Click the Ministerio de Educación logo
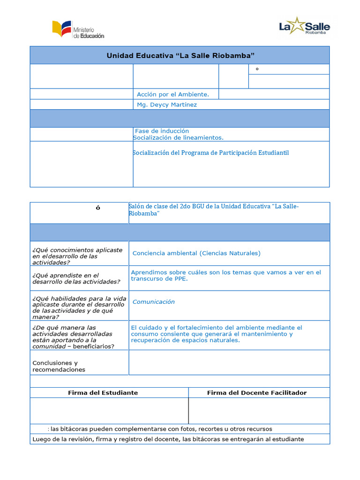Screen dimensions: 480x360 pos(78,30)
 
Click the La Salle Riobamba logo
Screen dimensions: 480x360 pos(304,26)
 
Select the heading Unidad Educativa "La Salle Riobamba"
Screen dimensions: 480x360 pos(180,56)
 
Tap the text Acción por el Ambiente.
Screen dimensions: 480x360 pos(172,94)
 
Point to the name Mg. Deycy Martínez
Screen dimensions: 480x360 pos(166,105)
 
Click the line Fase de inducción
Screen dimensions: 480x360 pos(162,131)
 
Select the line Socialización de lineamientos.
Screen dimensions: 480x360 pos(178,138)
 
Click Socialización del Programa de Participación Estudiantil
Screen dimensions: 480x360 pos(211,153)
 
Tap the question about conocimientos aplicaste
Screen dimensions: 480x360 pos(77,256)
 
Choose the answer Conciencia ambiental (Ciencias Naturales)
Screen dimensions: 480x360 pos(196,253)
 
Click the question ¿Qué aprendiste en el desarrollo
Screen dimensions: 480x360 pos(76,278)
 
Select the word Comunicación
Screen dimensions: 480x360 pos(154,302)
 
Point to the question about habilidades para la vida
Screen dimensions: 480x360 pos(78,307)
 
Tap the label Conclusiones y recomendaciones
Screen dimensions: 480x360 pos(59,366)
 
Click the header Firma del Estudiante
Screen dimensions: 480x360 pos(103,393)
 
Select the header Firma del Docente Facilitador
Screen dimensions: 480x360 pos(257,393)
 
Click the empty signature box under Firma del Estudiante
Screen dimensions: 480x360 pos(109,411)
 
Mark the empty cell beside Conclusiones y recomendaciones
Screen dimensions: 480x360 pos(229,362)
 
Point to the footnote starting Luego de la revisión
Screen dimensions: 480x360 pos(168,439)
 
